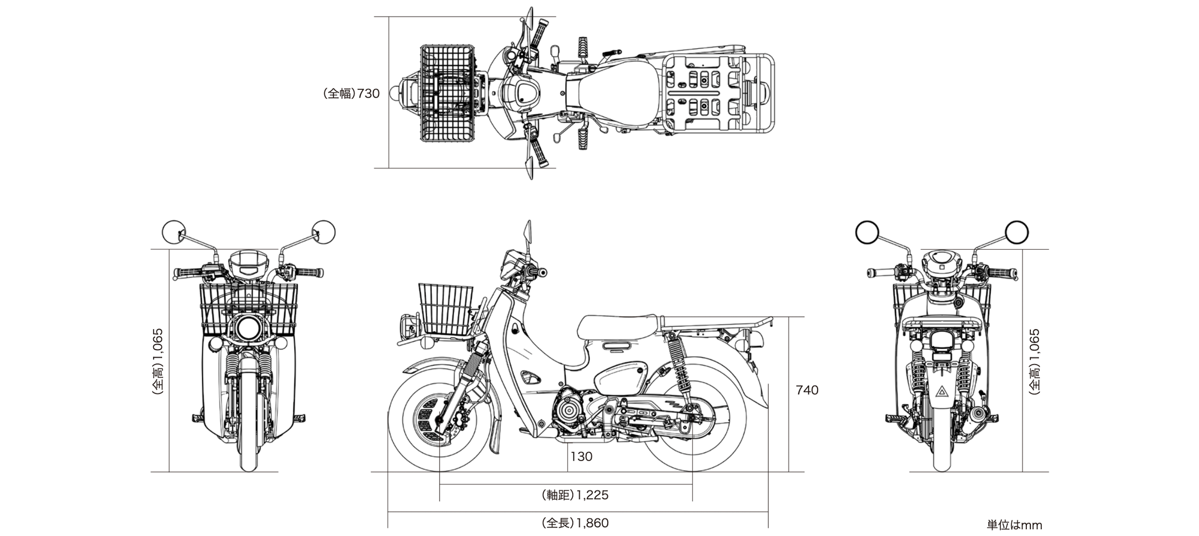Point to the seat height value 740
(807, 390)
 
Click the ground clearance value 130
(581, 457)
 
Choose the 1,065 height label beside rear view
(1035, 361)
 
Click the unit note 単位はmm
(1014, 525)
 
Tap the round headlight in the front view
(248, 328)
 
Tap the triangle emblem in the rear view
(942, 393)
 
